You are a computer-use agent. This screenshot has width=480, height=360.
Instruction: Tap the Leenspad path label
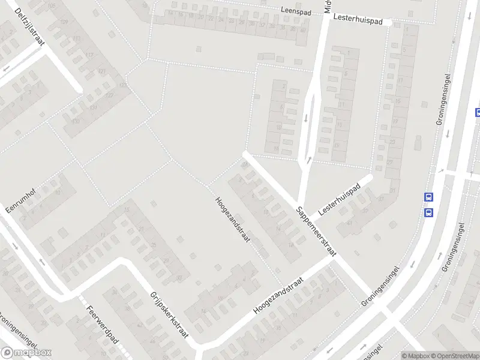point(298,10)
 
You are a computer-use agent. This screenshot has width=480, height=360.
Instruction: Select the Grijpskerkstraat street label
point(168,317)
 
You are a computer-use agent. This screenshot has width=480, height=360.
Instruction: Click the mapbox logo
point(26,353)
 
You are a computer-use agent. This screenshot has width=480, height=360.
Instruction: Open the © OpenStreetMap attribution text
point(454,356)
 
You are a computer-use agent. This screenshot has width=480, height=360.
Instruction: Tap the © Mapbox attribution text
point(415,356)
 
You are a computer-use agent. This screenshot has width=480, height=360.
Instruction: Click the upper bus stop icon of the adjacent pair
point(429,197)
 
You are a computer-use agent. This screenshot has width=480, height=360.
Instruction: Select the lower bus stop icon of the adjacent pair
point(429,212)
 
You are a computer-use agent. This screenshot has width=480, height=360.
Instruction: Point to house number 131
point(92,107)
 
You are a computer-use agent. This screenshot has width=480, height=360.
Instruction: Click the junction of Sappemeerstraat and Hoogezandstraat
point(334,258)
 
